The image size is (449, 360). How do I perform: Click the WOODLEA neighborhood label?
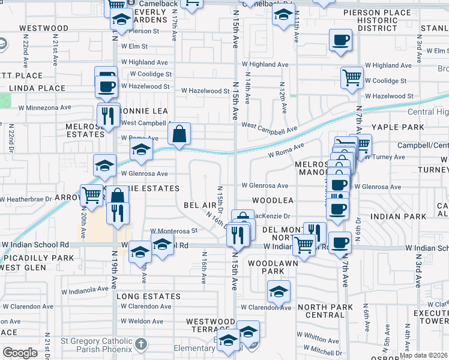(273, 200)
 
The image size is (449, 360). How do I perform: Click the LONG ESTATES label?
(148, 296)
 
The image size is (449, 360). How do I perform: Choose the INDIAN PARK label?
(394, 216)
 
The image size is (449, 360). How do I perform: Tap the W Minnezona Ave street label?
(44, 107)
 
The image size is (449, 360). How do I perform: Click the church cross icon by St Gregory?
(140, 344)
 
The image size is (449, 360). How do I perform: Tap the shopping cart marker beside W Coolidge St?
(351, 77)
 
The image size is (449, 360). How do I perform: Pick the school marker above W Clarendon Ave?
(279, 292)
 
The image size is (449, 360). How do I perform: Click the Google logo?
(20, 353)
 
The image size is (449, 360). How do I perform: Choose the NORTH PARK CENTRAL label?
(321, 311)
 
